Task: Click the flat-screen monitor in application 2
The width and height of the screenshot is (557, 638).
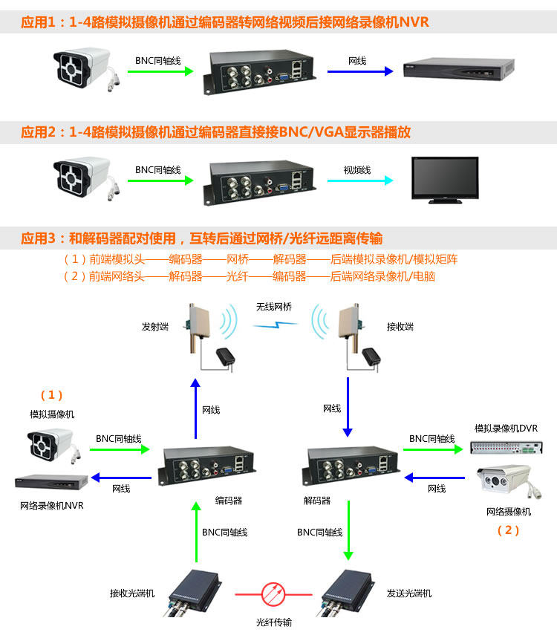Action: click(446, 178)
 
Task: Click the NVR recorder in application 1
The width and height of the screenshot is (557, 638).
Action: click(458, 69)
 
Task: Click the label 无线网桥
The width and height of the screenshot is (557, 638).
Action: click(274, 306)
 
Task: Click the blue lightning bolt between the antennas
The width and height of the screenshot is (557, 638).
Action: click(275, 324)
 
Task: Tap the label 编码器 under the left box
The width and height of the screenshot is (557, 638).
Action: click(229, 501)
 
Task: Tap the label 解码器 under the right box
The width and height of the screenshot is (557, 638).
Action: click(318, 501)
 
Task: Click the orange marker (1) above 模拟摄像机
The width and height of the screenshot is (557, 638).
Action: click(51, 394)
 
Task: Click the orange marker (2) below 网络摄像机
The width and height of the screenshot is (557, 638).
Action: click(508, 530)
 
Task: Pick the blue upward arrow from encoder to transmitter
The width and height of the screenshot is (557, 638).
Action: click(195, 408)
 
